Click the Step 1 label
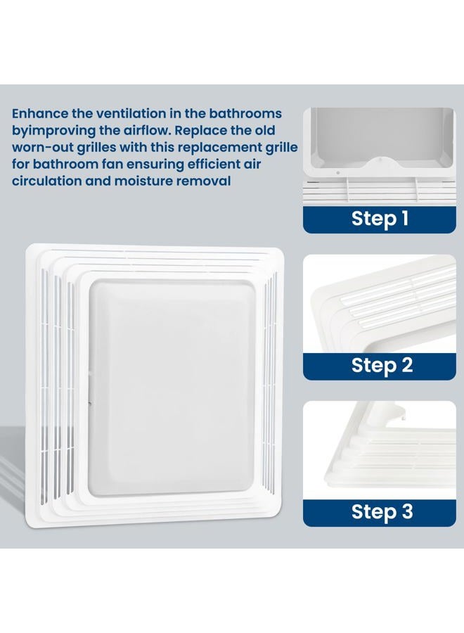coord(380,219)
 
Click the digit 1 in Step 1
coord(404,218)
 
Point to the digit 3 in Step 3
coord(407,511)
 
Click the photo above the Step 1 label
coord(380,157)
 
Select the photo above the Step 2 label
coord(380,304)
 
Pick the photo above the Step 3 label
coord(380,451)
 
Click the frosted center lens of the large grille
coord(172,387)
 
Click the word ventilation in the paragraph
coord(131,113)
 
